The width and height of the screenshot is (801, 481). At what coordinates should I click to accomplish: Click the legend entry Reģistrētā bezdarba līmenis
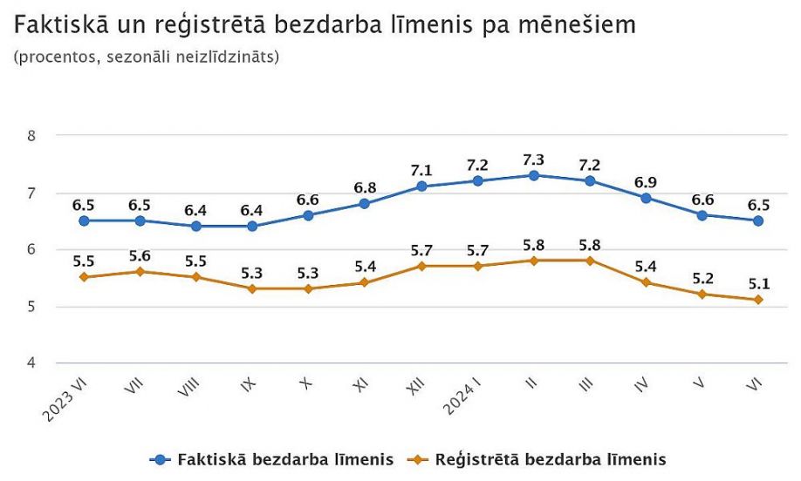[550, 458]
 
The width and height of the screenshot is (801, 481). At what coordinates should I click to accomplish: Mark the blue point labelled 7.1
[421, 186]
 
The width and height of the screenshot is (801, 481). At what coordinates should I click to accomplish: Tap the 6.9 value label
[646, 181]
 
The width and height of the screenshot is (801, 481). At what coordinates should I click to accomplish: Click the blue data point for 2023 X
[308, 214]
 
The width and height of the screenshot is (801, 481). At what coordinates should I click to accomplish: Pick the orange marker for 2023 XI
[365, 282]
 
